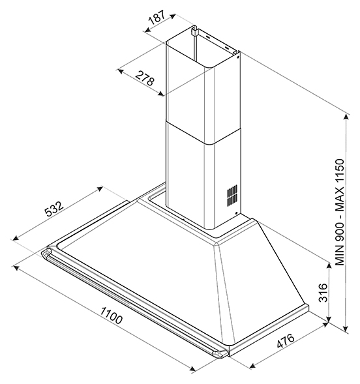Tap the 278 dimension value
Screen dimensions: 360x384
(145, 78)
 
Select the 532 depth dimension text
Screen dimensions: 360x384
(54, 209)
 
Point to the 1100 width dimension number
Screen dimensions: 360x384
(111, 316)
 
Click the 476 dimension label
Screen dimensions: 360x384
(286, 340)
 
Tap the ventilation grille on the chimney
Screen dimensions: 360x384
(232, 195)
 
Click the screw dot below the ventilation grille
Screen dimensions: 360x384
(236, 214)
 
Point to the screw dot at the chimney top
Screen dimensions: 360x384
(237, 57)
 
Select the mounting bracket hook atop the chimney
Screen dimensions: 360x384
(194, 31)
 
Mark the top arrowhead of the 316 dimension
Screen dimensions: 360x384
(329, 265)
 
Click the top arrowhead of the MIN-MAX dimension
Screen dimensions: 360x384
(346, 117)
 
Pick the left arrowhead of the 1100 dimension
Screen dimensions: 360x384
(16, 268)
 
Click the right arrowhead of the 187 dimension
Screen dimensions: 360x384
(173, 16)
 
